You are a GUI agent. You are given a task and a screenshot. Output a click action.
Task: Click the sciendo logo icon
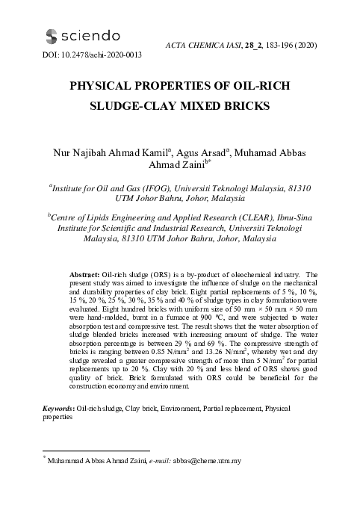point(52,35)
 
